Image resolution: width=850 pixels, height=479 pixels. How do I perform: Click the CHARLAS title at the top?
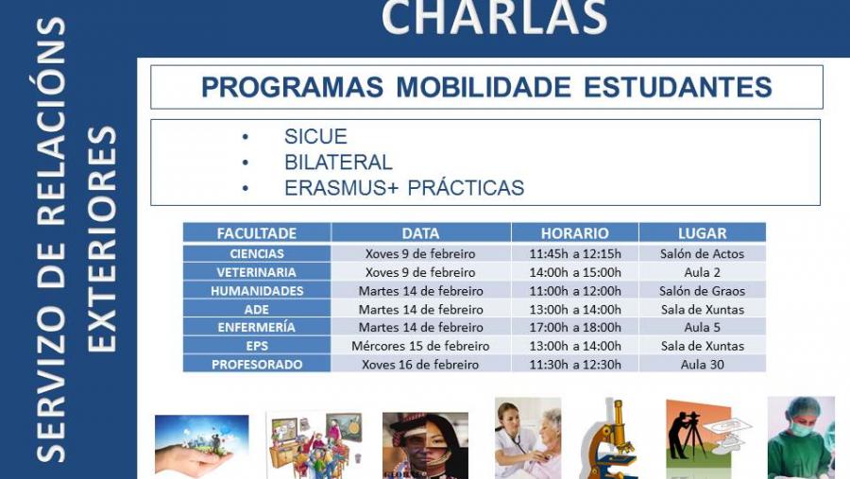click(494, 17)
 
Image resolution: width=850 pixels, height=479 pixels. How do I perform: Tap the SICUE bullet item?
click(315, 136)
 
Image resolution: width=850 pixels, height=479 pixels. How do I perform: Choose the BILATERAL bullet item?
click(338, 162)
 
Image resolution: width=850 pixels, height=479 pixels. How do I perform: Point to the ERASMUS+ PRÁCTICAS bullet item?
click(403, 188)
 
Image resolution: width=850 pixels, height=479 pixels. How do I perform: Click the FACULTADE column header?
click(257, 233)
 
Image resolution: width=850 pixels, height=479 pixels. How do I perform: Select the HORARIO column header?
click(574, 233)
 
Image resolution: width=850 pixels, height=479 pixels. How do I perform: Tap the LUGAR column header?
click(702, 233)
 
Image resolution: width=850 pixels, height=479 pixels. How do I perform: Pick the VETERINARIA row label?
click(257, 272)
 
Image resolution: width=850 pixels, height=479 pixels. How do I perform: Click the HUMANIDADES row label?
click(257, 291)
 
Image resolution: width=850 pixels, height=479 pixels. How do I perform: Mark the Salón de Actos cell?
click(703, 254)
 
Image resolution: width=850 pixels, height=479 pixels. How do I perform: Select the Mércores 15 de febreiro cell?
click(420, 346)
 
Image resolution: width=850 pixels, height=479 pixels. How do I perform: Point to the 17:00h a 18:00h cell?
click(575, 328)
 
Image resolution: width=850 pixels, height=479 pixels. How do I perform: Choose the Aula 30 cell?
click(703, 365)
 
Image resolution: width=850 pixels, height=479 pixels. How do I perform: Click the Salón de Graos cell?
click(703, 291)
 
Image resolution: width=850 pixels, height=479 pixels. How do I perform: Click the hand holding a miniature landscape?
click(201, 446)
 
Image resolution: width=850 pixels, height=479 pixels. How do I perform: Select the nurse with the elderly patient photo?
click(527, 438)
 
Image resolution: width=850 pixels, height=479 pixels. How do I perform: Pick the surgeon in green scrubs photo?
click(800, 438)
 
